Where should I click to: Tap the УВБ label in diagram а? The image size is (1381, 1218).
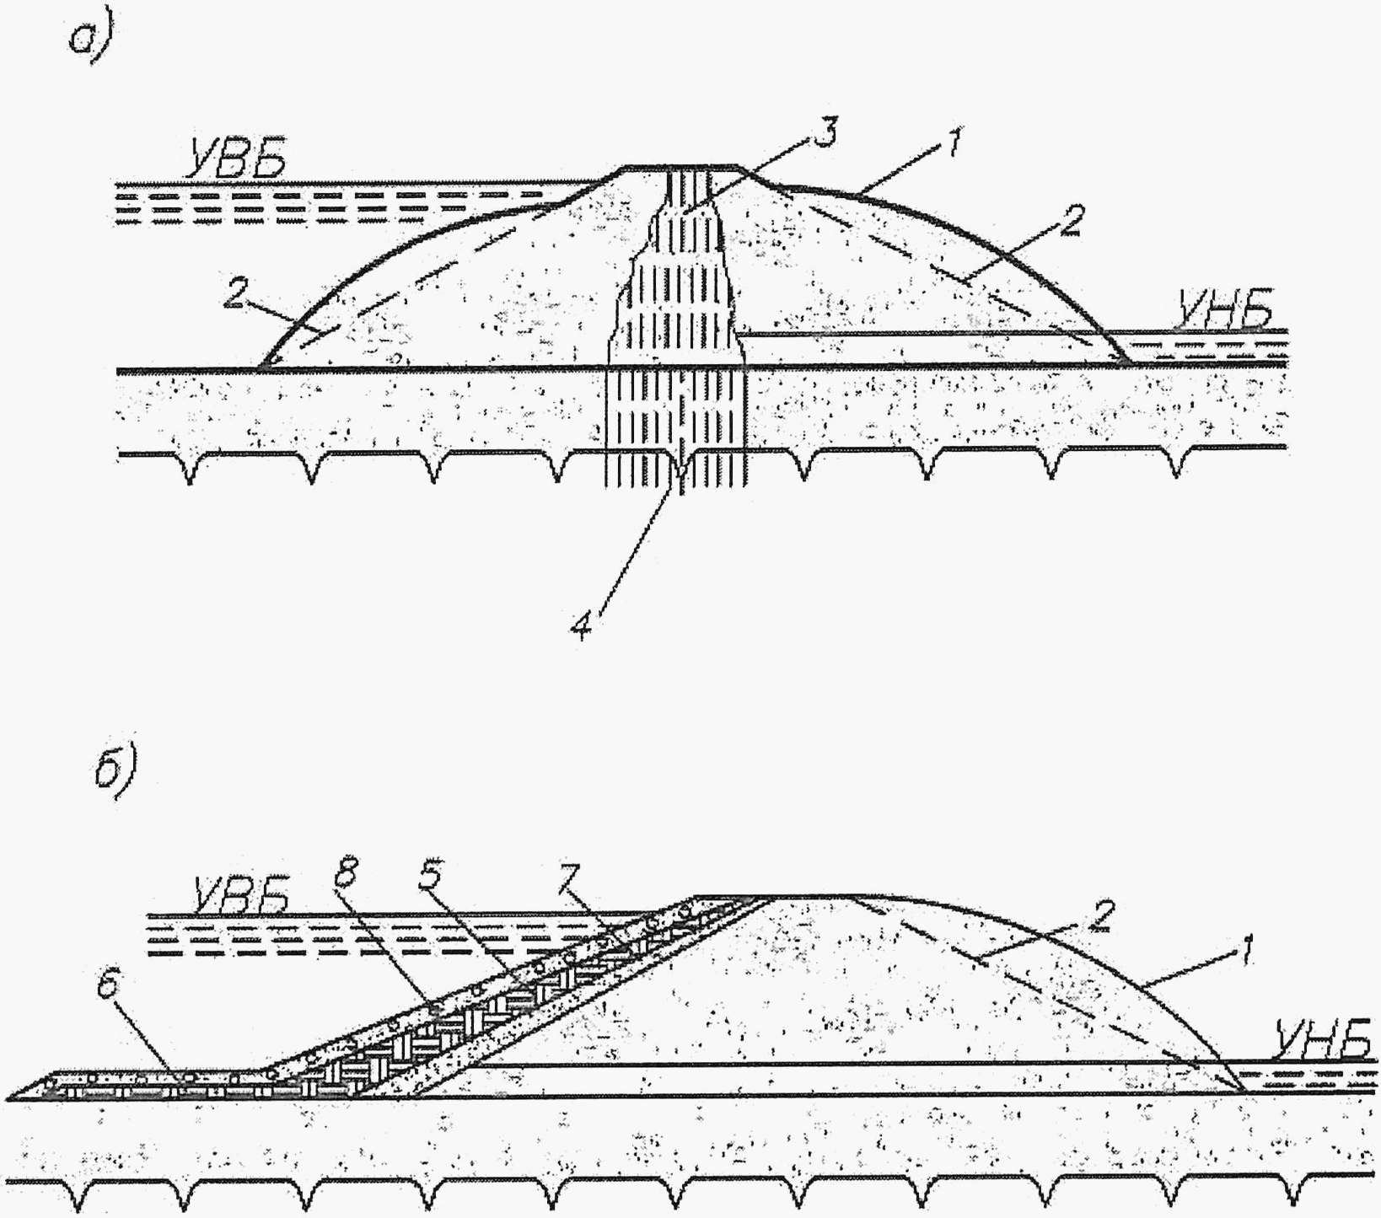pyautogui.click(x=237, y=160)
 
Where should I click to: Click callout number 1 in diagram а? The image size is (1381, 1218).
pyautogui.click(x=953, y=145)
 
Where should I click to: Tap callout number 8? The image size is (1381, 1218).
pyautogui.click(x=343, y=877)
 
